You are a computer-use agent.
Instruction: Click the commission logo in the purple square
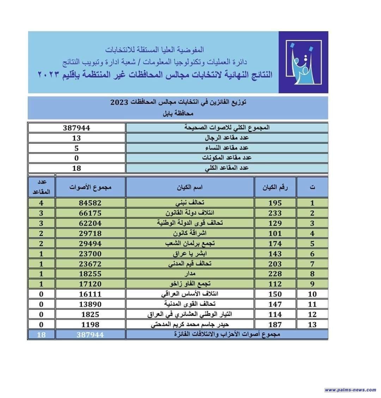(303, 62)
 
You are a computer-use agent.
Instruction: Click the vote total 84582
(90, 203)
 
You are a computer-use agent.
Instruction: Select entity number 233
(275, 213)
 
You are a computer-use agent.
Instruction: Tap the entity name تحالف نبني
(190, 203)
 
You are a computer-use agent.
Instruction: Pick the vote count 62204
(90, 223)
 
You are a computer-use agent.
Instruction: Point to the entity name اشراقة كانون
(190, 234)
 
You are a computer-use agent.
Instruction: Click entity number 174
(275, 244)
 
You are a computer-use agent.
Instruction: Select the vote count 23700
(90, 254)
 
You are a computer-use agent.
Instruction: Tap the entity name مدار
(190, 274)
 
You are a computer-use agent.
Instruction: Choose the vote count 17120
(90, 284)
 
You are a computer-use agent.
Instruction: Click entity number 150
(275, 294)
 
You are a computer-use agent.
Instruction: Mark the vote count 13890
(90, 304)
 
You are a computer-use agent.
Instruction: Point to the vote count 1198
(90, 325)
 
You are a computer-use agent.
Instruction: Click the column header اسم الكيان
(190, 187)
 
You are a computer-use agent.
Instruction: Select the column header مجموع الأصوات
(90, 187)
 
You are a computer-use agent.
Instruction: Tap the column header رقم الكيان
(275, 187)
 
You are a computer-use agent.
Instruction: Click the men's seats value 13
(77, 138)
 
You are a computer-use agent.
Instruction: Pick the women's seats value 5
(77, 148)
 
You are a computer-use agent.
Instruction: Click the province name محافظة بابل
(178, 114)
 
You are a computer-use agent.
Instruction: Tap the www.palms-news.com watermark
(350, 390)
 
